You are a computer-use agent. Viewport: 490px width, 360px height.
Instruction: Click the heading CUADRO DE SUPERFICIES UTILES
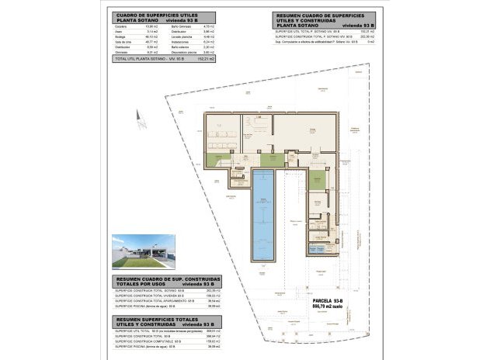[x=155, y=15]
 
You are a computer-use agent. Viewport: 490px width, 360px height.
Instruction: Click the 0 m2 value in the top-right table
[x=370, y=42]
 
